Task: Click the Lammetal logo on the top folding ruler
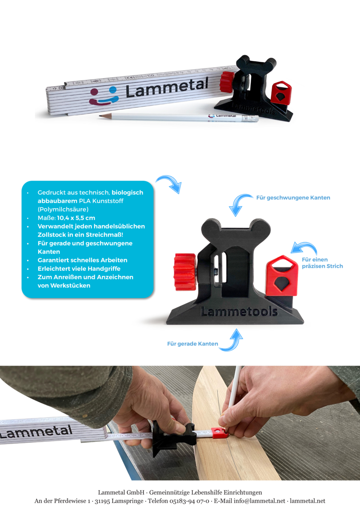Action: pos(149,91)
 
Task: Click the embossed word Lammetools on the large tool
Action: pos(239,312)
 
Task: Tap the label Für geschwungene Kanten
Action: pos(293,198)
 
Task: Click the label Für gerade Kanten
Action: pos(192,344)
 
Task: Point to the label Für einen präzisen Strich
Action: pos(322,263)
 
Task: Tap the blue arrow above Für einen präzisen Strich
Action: pos(305,247)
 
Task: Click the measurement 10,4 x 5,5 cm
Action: pos(76,218)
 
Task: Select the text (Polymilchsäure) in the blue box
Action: pos(63,210)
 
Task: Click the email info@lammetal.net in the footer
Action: pos(259,501)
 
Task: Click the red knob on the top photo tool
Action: pos(227,82)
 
